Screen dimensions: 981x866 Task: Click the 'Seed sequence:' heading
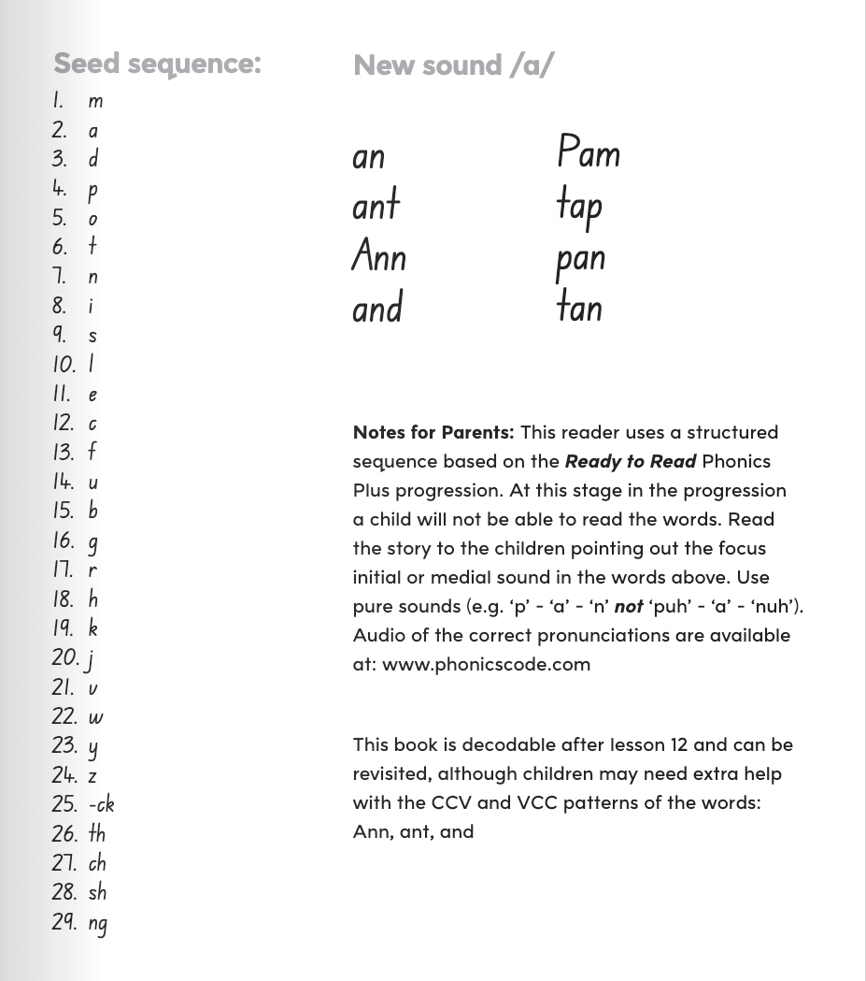pos(157,64)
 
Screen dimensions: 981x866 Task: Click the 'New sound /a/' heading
pos(453,65)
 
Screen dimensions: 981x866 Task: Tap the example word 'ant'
pos(376,205)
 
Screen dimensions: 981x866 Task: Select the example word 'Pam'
pos(589,152)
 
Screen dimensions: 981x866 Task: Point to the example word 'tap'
pos(579,207)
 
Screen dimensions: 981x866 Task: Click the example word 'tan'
pos(579,307)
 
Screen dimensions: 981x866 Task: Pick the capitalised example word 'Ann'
pos(378,255)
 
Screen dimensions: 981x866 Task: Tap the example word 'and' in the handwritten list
pos(377,308)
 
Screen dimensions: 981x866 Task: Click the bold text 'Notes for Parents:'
pos(433,432)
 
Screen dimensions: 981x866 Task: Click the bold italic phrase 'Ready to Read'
pos(630,461)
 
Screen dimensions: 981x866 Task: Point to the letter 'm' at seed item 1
pos(95,102)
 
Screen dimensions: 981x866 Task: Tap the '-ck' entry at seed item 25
pos(102,804)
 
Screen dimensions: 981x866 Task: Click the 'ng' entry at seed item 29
pos(98,923)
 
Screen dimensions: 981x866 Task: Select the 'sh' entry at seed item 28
pos(97,892)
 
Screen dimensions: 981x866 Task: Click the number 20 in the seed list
pos(65,658)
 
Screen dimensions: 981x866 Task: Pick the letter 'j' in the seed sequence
pos(90,660)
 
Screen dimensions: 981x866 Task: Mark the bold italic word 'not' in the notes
pos(629,606)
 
